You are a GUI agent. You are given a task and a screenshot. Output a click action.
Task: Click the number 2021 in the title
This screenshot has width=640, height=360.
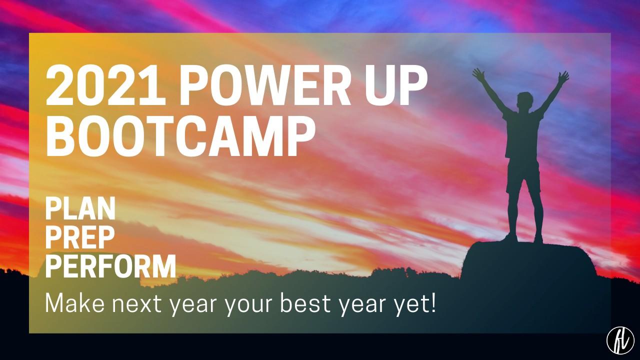click(x=105, y=86)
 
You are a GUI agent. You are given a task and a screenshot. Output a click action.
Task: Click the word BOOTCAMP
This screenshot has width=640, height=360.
click(x=180, y=136)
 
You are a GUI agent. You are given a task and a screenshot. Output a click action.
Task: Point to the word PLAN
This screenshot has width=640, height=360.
click(x=80, y=208)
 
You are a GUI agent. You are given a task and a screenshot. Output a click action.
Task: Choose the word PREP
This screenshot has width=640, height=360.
click(x=80, y=237)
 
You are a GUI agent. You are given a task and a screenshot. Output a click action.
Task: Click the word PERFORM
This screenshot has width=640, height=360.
click(x=110, y=267)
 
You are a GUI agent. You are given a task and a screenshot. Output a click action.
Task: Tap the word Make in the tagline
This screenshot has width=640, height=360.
click(x=75, y=303)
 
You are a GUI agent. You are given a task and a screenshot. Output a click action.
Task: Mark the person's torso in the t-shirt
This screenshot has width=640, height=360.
click(x=523, y=134)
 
